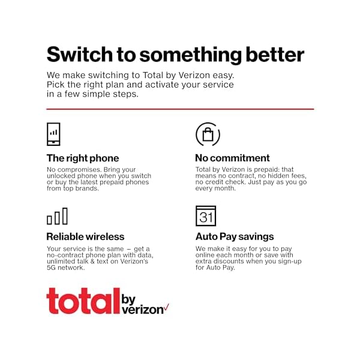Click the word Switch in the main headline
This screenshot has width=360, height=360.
coord(80,55)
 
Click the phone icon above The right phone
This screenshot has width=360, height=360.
coord(53,134)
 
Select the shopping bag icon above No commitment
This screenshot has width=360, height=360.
coord(208,134)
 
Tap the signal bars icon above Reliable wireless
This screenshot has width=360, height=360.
coord(57,216)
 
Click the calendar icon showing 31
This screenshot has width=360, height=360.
coord(206,216)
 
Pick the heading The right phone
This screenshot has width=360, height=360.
coord(83,158)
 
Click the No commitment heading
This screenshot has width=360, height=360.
coord(232,158)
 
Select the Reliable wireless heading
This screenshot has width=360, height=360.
coord(85,236)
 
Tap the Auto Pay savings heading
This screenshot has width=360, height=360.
coord(235,237)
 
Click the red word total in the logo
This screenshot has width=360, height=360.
coord(83,301)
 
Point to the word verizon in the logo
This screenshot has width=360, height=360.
coord(143,310)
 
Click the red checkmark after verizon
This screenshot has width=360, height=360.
coord(166,307)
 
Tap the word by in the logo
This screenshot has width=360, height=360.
coord(128,299)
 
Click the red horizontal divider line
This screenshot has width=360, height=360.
coord(180,109)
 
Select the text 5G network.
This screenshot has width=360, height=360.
coord(65,268)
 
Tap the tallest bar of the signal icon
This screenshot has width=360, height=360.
coord(65,216)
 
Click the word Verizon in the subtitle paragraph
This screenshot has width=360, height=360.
coord(194,76)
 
